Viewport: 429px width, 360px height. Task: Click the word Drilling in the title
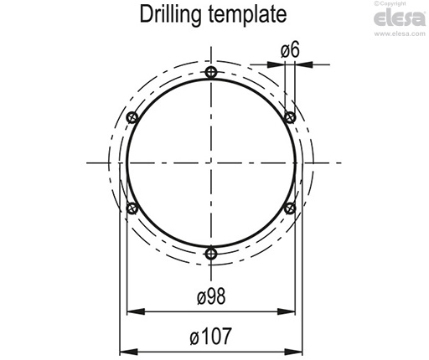(172, 15)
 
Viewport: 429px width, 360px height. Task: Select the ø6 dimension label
(290, 50)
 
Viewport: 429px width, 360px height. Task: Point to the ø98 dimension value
(211, 297)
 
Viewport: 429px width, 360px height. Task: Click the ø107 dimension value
(211, 337)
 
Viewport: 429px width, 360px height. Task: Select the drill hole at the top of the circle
(212, 72)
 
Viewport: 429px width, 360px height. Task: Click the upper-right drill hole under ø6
(290, 116)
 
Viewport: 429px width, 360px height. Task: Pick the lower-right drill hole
(290, 207)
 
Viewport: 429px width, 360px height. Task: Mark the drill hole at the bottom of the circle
(212, 253)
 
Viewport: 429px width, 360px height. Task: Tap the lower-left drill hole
(132, 207)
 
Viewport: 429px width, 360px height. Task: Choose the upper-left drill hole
(132, 116)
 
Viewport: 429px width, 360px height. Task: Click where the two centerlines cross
(212, 162)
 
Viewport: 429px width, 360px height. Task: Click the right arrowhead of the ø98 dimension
(292, 312)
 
